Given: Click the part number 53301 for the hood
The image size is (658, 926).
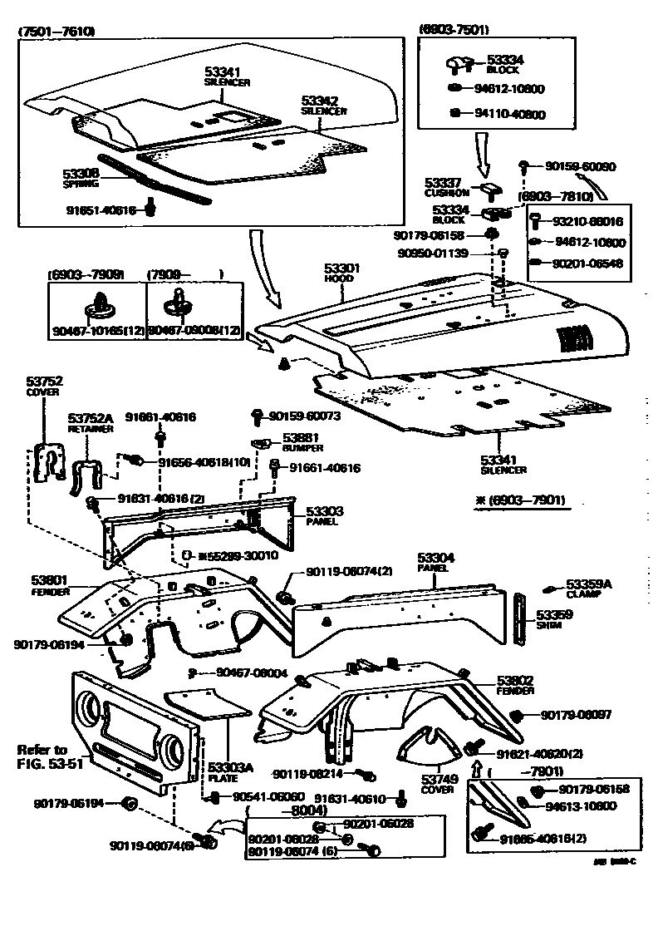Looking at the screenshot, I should (341, 270).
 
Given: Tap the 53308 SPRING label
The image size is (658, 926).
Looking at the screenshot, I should (81, 178).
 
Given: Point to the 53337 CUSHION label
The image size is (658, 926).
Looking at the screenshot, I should (448, 187).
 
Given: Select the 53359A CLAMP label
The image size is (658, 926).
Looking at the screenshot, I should (588, 589).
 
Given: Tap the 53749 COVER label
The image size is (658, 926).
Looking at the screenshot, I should (438, 784).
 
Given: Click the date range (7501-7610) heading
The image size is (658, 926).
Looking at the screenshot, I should (57, 32).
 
